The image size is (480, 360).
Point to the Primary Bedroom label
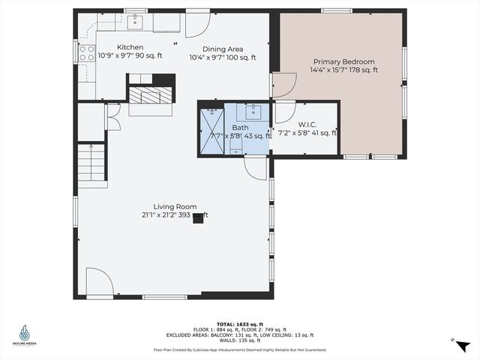343,61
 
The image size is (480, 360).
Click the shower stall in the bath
211,132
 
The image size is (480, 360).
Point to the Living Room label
175,206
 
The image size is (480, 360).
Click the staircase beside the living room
92,165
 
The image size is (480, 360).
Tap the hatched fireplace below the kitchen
151,95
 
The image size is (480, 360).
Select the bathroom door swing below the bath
256,167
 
